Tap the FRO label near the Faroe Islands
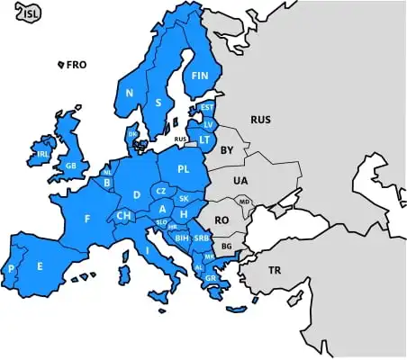(77, 65)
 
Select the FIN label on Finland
(199, 77)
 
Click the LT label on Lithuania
(204, 139)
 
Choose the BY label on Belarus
(227, 149)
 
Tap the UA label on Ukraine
(240, 181)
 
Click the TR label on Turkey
(275, 269)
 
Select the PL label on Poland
(184, 168)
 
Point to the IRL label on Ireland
(42, 154)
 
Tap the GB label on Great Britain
(71, 166)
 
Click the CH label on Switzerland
(124, 216)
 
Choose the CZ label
(160, 191)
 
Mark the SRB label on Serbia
(202, 237)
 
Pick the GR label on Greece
(210, 278)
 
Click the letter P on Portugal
(12, 269)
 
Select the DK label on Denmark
(134, 134)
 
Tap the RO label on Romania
(222, 219)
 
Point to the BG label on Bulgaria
(226, 246)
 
